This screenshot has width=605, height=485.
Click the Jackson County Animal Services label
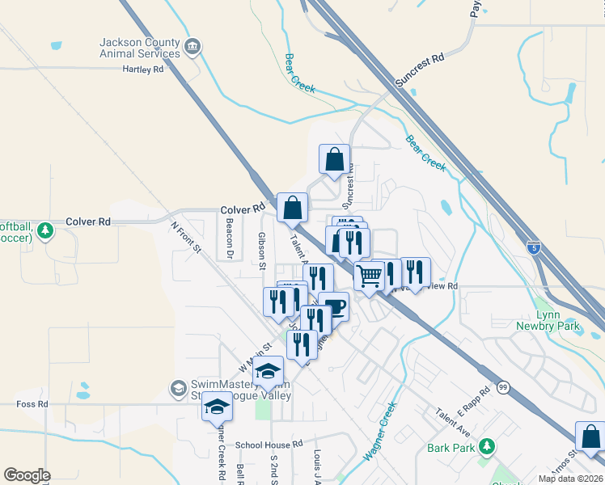click(x=139, y=48)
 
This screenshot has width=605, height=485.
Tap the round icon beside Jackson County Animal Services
click(x=192, y=47)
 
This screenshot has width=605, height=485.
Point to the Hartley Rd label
click(x=142, y=70)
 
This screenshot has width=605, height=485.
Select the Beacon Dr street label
click(x=230, y=234)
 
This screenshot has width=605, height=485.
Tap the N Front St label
click(x=184, y=235)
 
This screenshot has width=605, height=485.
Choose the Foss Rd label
click(x=32, y=403)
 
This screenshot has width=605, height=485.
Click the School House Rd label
click(x=269, y=445)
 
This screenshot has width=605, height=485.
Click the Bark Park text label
click(x=451, y=447)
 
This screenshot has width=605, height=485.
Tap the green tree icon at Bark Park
click(x=486, y=445)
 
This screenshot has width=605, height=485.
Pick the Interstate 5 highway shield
click(x=534, y=246)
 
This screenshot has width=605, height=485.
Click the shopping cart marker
click(x=370, y=276)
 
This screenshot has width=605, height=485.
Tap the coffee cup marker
click(x=333, y=307)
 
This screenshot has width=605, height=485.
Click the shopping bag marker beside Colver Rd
click(x=292, y=208)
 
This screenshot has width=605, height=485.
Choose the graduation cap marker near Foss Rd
click(x=217, y=407)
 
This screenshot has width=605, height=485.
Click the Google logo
click(x=27, y=475)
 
